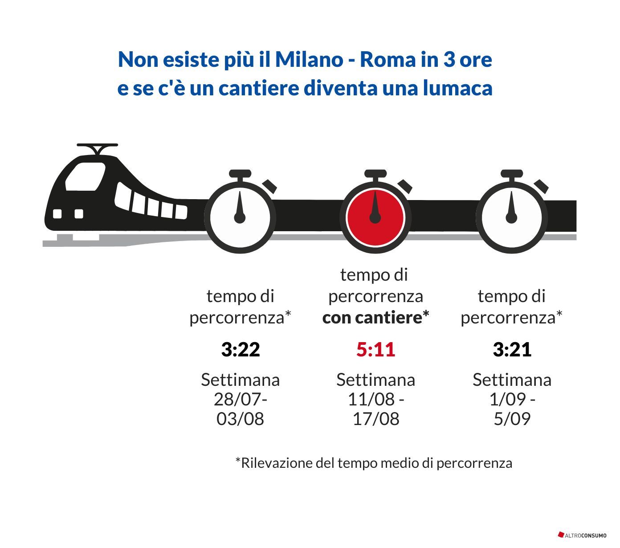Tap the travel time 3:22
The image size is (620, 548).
241,350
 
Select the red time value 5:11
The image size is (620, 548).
376,350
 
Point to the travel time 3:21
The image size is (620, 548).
512,350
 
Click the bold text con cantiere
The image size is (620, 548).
375,318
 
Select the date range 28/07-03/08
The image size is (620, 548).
241,409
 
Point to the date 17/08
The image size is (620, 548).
376,419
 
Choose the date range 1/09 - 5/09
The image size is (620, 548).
512,409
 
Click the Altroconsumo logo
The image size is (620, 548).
582,535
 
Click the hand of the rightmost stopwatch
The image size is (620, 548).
511,207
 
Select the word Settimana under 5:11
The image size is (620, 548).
376,380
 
